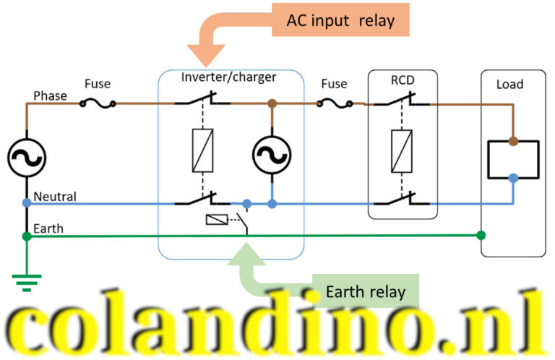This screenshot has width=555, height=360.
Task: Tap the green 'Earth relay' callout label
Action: tap(365, 292)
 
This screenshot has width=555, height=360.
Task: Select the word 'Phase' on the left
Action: tap(50, 95)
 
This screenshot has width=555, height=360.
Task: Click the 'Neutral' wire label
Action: tap(55, 196)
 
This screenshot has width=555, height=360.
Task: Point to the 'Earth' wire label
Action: tap(48, 228)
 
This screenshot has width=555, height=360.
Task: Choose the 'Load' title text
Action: tap(509, 85)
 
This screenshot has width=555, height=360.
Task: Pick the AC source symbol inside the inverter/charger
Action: tap(272, 154)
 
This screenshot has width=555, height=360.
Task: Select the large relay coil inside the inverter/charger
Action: tap(202, 150)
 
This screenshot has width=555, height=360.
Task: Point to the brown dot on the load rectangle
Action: tap(513, 140)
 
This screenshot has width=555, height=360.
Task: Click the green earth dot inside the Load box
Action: tap(481, 236)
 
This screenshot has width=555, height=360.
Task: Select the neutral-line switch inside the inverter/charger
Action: tap(203, 199)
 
